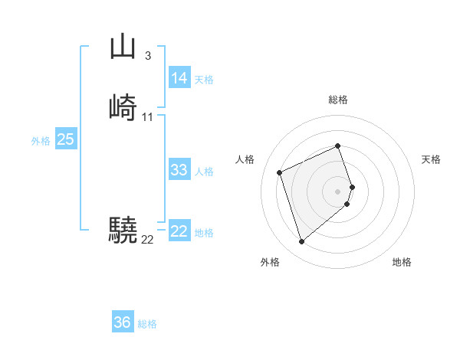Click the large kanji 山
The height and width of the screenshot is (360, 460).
tap(122, 47)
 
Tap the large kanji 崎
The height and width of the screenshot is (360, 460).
tap(123, 107)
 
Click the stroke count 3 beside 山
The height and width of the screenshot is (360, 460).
tap(147, 55)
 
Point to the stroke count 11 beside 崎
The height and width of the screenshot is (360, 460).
tap(147, 116)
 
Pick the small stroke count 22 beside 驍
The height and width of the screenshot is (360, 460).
tap(147, 239)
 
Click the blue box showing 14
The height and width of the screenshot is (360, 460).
tap(179, 78)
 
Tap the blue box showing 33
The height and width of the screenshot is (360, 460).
tap(179, 170)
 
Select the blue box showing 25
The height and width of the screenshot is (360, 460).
tap(66, 139)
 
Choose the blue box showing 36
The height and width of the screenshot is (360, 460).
tap(122, 322)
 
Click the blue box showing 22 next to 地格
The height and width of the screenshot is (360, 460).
tap(179, 231)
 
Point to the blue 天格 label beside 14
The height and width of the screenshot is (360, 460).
tap(204, 80)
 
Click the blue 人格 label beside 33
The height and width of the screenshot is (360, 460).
tap(204, 172)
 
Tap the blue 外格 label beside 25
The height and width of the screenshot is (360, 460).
tap(41, 141)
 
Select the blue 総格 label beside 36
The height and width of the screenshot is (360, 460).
tap(147, 324)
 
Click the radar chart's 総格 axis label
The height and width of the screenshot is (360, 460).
tap(338, 100)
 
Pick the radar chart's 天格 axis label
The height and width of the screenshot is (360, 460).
tap(431, 159)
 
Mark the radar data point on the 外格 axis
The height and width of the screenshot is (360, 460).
tap(301, 241)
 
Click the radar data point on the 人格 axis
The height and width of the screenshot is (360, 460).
tap(281, 172)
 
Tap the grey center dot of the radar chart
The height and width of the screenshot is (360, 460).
tap(338, 191)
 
